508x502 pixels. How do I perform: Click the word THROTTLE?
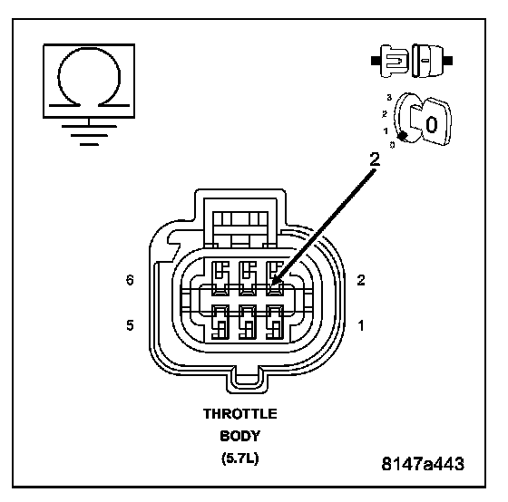(240, 413)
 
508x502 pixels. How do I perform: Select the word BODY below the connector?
(239, 436)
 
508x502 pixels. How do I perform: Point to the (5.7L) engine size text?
(240, 459)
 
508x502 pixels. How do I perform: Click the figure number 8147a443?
(423, 463)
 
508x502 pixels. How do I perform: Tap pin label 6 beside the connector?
(130, 280)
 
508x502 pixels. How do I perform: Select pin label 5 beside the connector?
(130, 325)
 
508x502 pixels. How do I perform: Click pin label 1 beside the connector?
(361, 325)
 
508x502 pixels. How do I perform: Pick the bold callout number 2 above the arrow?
(374, 159)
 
